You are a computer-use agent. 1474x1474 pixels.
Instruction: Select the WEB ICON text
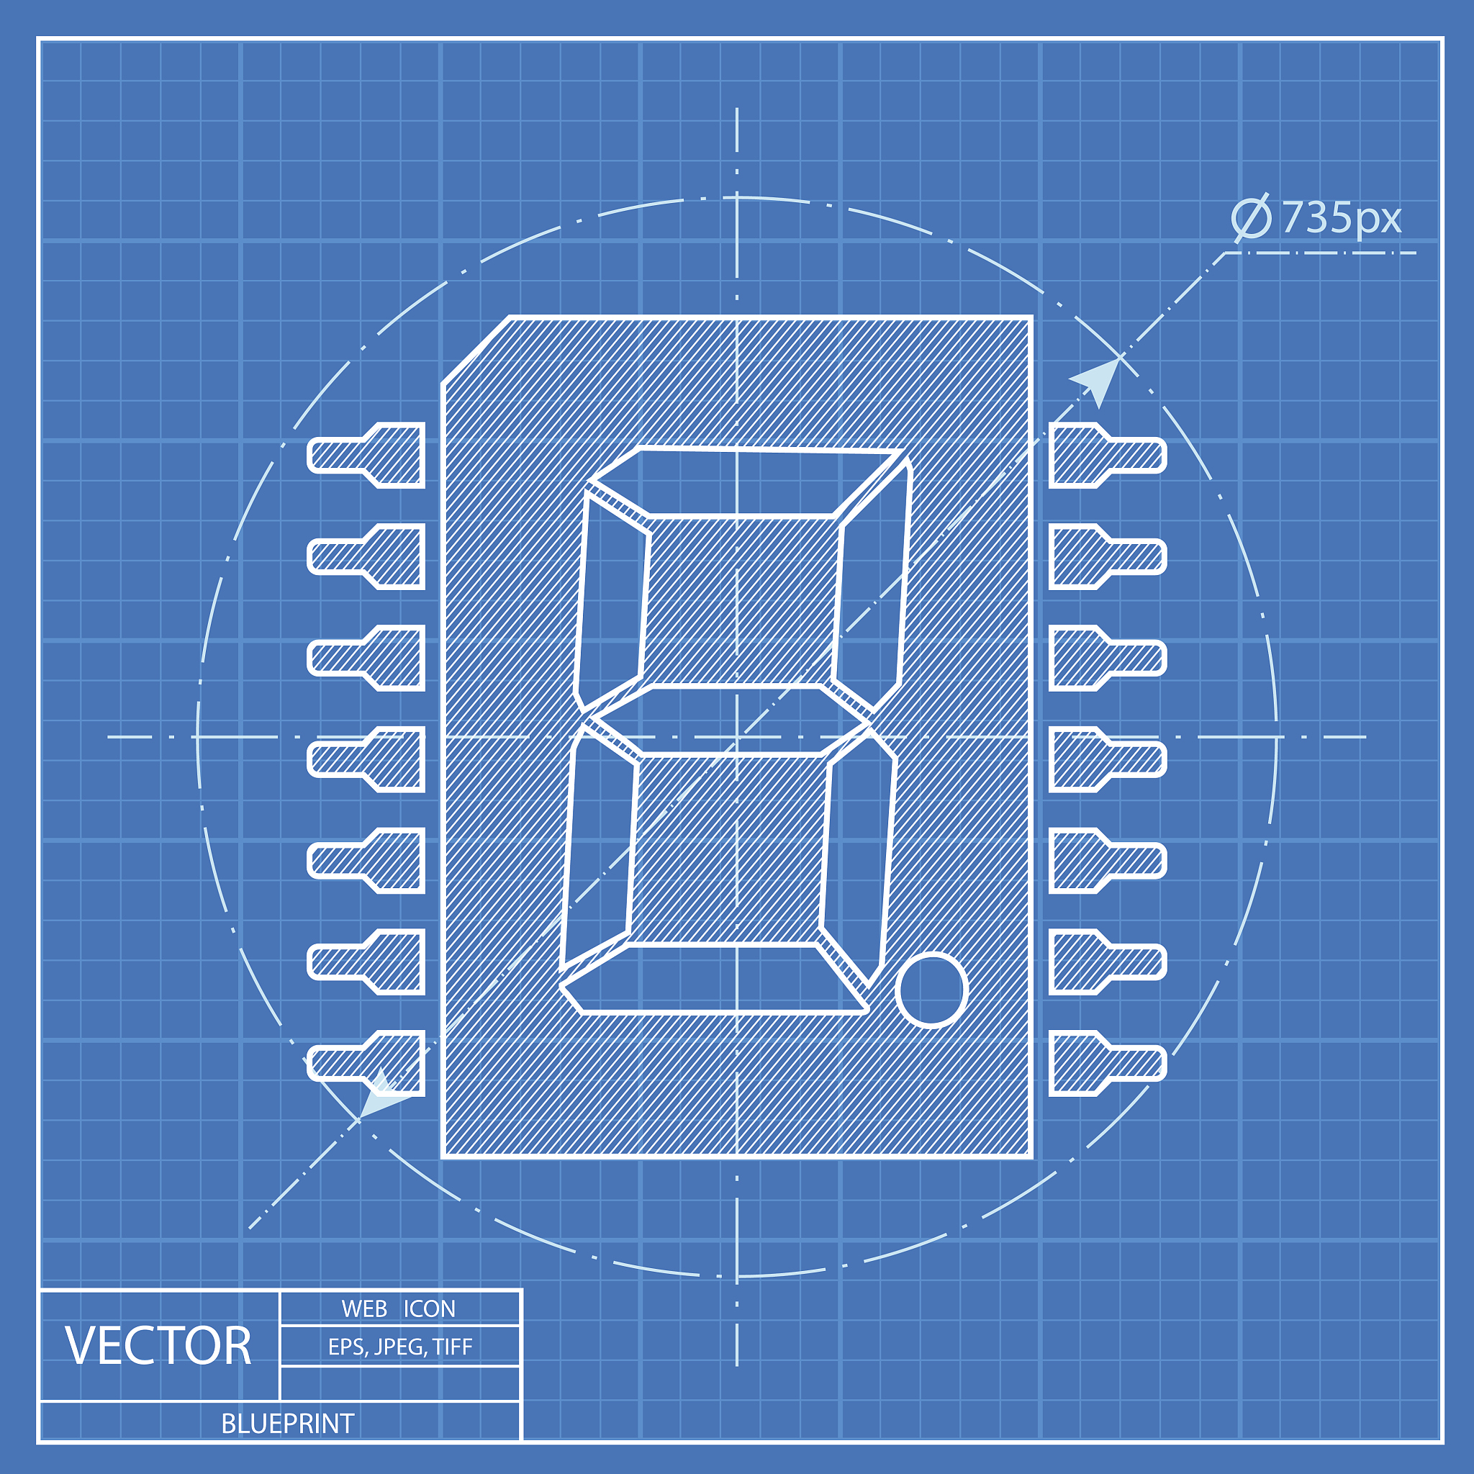398,1308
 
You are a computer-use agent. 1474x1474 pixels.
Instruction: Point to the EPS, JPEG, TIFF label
399,1347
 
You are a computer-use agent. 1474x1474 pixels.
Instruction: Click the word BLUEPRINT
288,1424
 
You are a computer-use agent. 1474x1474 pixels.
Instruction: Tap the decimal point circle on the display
931,990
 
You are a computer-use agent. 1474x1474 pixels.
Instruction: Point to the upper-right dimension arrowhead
1098,381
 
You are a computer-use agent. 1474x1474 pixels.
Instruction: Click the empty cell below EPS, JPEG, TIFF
399,1383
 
